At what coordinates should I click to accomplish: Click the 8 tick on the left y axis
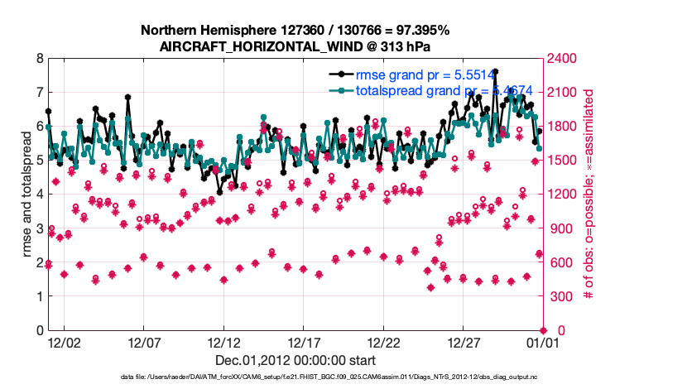[x=39, y=59]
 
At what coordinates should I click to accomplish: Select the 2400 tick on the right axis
[x=562, y=59]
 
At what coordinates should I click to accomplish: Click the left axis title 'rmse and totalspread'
[x=26, y=194]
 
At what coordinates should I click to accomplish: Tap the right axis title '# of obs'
[x=589, y=194]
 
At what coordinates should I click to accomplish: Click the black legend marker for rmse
[x=339, y=74]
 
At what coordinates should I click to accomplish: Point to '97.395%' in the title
[x=420, y=30]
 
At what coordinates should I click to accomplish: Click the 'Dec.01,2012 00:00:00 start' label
[x=295, y=360]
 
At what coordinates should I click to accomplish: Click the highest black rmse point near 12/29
[x=495, y=71]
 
